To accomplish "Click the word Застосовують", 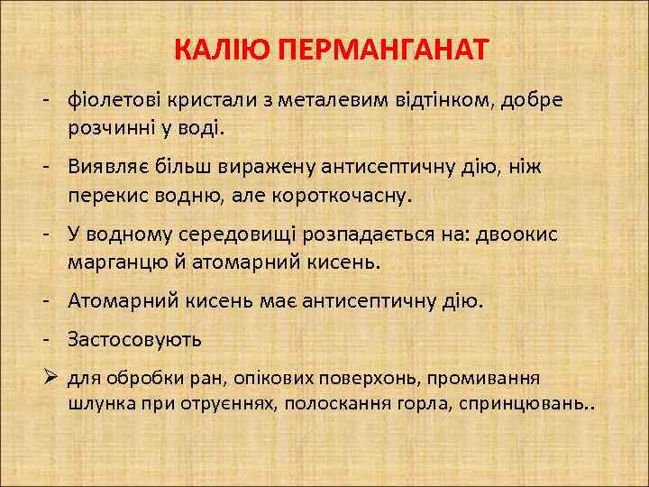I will [134, 339].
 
